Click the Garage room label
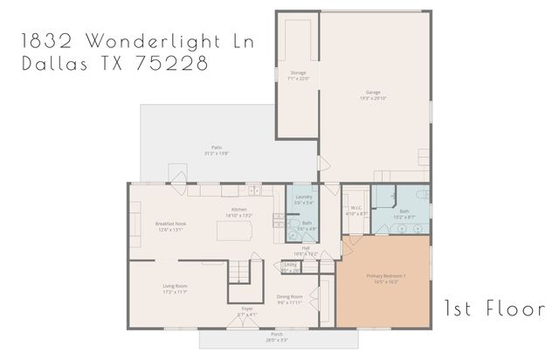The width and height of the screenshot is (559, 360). [x=375, y=93]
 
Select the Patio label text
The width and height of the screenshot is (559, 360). [x=214, y=149]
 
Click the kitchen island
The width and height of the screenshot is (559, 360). [x=231, y=230]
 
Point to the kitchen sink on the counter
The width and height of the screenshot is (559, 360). [x=253, y=190]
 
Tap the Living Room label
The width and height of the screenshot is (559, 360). [x=175, y=288]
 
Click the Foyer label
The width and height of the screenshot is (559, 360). [x=248, y=311]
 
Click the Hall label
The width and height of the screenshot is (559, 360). [x=306, y=250]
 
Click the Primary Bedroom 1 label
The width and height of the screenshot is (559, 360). [x=385, y=279]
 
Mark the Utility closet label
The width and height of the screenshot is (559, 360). [x=291, y=267]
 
